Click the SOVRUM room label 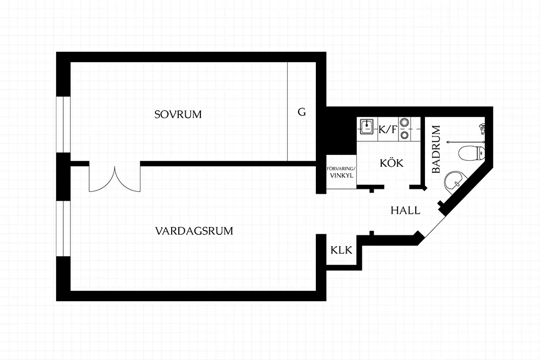[x=178, y=114]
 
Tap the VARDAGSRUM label [x=194, y=230]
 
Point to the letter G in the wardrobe [x=302, y=112]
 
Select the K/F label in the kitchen [x=388, y=130]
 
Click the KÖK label [x=391, y=162]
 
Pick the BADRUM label [x=436, y=150]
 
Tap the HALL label [x=406, y=210]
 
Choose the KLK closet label [x=341, y=250]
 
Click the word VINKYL [x=341, y=175]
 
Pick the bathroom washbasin [x=454, y=181]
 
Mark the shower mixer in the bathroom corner [x=482, y=128]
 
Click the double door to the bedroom [x=114, y=179]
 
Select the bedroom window [x=63, y=124]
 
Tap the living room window [x=63, y=228]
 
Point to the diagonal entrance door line [x=436, y=225]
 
